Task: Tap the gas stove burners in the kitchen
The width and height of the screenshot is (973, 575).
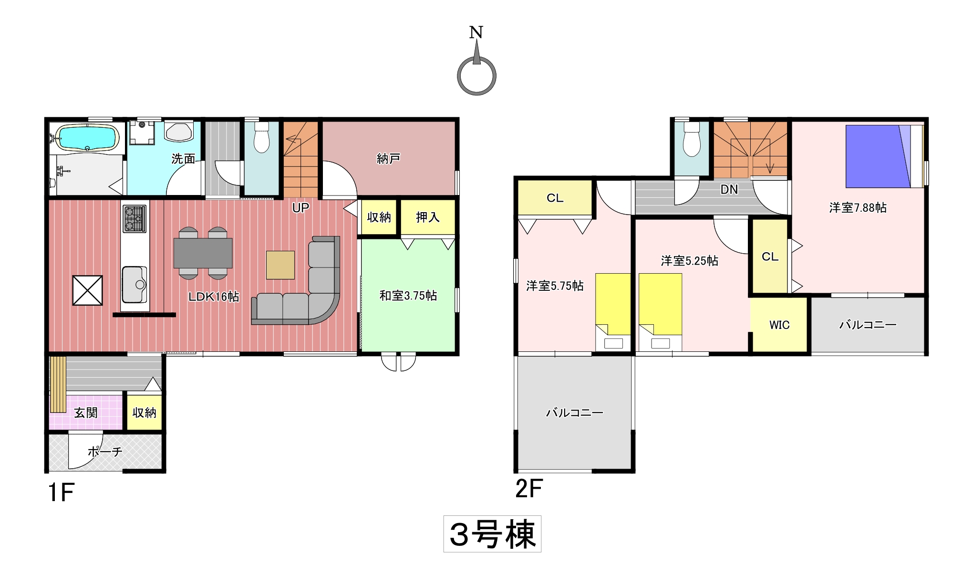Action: [x=135, y=219]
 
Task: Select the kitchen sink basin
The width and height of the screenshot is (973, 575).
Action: [x=135, y=285]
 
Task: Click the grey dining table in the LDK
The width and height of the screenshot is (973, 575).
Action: [x=203, y=253]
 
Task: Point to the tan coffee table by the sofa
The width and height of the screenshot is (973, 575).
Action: [x=280, y=265]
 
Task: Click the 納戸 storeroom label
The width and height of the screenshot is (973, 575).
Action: [x=388, y=158]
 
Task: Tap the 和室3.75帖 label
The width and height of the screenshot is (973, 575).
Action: [x=408, y=296]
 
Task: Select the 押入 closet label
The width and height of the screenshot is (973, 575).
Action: [x=428, y=217]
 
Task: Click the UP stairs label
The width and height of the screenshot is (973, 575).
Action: [x=300, y=207]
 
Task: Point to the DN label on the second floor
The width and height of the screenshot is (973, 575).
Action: [x=729, y=189]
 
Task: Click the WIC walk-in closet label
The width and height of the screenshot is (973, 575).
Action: [x=779, y=325]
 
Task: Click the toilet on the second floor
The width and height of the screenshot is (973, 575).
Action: [x=692, y=140]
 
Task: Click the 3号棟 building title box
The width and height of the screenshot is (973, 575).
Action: [x=492, y=534]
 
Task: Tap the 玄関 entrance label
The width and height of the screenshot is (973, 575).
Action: [x=86, y=412]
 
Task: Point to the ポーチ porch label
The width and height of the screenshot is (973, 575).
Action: [x=105, y=452]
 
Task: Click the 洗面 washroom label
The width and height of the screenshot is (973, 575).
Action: [x=184, y=158]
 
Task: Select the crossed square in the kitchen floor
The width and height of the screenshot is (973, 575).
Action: [x=87, y=290]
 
